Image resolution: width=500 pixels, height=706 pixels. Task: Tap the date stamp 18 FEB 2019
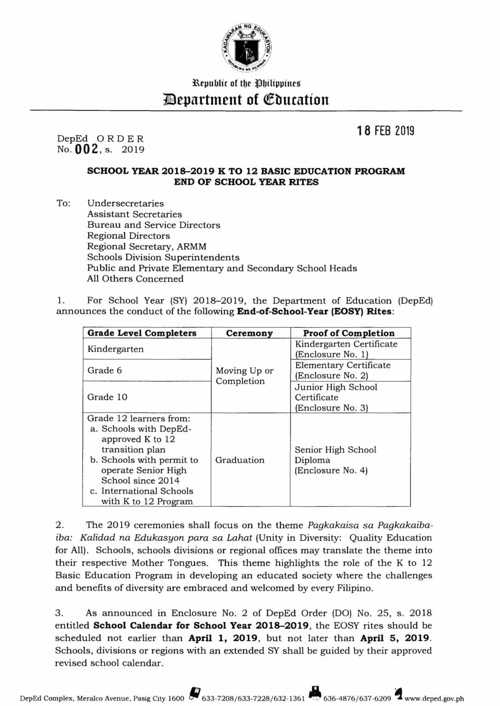[x=385, y=131]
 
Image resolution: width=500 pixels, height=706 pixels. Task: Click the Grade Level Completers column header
[x=142, y=333]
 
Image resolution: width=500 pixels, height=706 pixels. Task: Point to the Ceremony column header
[x=249, y=333]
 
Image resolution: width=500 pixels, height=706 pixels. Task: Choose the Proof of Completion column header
[x=349, y=333]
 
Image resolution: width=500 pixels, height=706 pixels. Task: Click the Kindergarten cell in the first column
[x=115, y=349]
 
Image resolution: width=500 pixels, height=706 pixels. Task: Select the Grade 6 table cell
[x=105, y=370]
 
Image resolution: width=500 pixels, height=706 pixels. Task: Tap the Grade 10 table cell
[x=107, y=397]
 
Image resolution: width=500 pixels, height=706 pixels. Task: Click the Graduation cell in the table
[x=240, y=460]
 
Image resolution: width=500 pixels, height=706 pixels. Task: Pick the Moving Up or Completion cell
[x=244, y=376]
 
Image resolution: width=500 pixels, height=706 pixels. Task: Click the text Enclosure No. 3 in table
[x=331, y=408]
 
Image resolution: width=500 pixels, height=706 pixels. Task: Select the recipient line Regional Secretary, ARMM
[x=147, y=246]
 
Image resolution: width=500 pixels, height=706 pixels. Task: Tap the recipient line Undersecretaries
[x=126, y=203]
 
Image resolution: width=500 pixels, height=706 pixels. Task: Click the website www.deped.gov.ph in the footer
[x=434, y=699]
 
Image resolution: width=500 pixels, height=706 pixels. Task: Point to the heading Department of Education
[x=247, y=99]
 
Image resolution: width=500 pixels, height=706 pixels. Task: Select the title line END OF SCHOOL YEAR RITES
[x=246, y=182]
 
